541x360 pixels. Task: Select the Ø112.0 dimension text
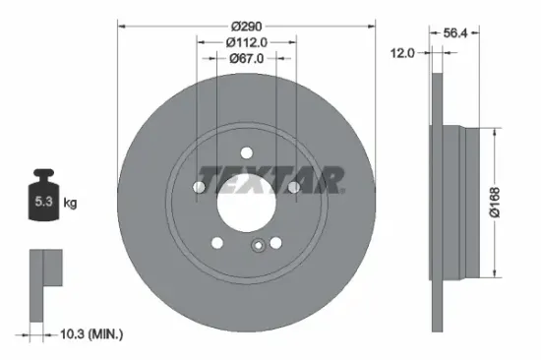point(247,41)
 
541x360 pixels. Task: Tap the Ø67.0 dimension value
point(247,58)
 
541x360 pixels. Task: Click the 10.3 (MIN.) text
point(90,335)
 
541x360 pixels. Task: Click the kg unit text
point(71,204)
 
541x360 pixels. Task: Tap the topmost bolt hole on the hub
point(247,152)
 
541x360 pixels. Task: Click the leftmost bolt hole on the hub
point(200,187)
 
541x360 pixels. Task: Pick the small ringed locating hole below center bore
point(257,248)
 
